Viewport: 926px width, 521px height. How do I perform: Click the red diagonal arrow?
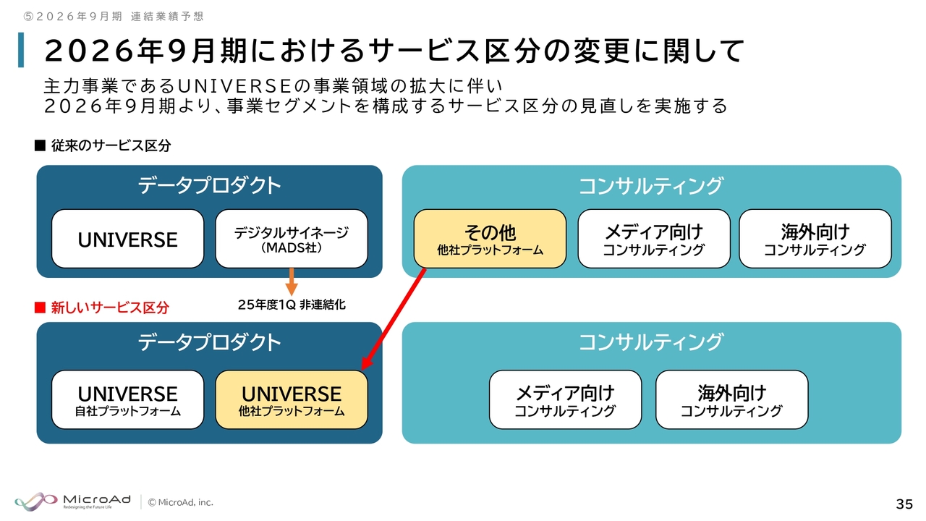pos(394,318)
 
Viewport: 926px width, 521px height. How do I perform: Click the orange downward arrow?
pos(292,281)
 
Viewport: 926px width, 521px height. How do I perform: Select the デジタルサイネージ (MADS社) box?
pos(292,239)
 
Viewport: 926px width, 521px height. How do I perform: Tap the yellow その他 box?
pos(490,239)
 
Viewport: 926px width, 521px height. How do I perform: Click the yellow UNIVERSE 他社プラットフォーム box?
pos(292,399)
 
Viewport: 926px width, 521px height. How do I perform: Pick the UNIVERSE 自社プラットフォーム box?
pos(127,399)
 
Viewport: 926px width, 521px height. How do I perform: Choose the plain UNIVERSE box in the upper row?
pos(127,239)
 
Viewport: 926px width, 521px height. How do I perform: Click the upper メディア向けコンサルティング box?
pos(653,239)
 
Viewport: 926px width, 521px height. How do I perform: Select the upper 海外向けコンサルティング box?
pos(815,239)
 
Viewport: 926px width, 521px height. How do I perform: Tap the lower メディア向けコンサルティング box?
pos(565,399)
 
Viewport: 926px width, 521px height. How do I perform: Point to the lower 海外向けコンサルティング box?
pos(731,399)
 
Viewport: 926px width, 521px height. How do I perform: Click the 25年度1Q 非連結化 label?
pos(292,305)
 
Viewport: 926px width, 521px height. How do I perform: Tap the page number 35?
pos(904,504)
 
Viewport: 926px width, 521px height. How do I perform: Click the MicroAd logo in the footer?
pos(72,501)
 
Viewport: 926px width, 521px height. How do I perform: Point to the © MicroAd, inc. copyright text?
pos(181,502)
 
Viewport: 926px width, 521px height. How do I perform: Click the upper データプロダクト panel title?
pos(209,185)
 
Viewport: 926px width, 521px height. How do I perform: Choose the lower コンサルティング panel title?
pos(651,342)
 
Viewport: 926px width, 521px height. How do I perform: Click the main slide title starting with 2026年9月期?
pos(394,51)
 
